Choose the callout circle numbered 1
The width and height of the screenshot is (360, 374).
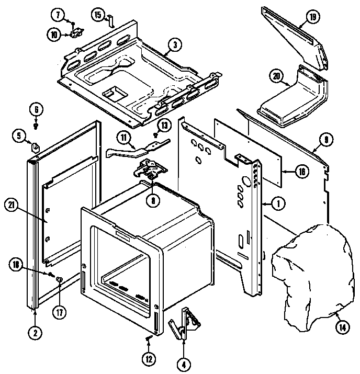pos(278,204)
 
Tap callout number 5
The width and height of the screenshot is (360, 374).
pos(19,137)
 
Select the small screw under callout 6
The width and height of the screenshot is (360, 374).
pos(35,126)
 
